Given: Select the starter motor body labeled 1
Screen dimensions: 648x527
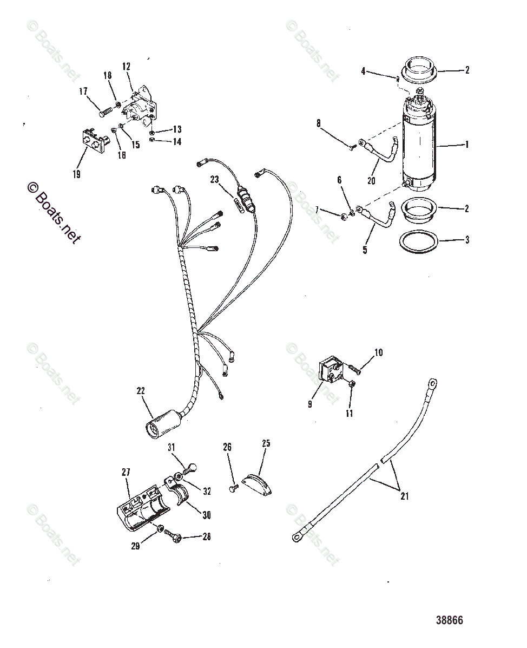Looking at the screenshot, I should tap(421, 146).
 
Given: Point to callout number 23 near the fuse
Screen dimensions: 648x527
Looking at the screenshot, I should tap(215, 180).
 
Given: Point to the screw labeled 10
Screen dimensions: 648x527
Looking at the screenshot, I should tap(355, 369).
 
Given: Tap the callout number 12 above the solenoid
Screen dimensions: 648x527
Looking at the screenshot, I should tap(126, 67).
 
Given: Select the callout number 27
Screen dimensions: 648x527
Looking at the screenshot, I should tap(126, 472).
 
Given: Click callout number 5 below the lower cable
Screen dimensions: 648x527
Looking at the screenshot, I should tap(365, 251).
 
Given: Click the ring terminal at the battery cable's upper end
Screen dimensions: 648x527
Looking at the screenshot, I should tap(433, 383).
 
